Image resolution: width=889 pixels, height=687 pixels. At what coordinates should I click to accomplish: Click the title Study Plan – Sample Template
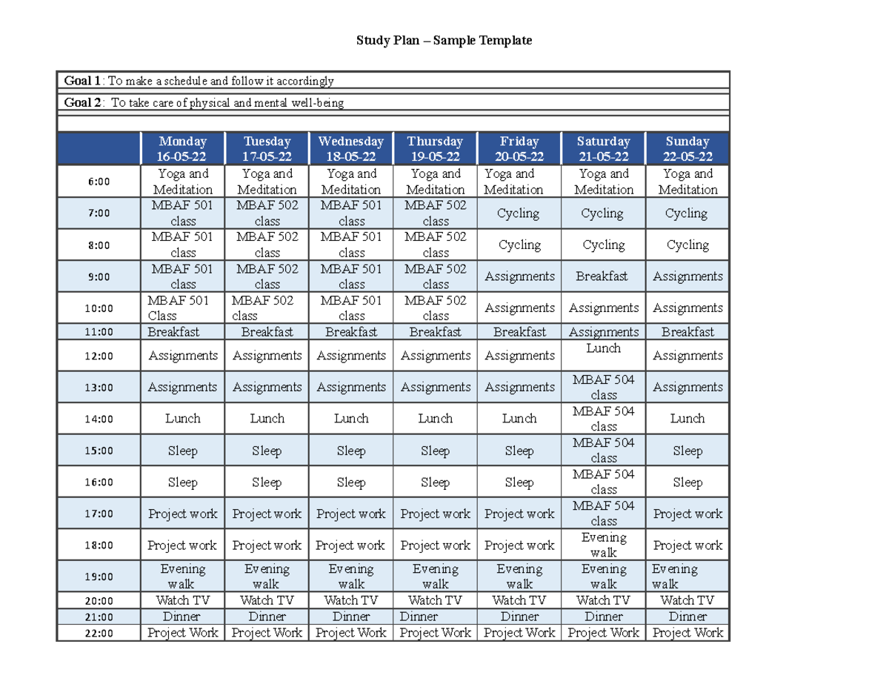pyautogui.click(x=444, y=41)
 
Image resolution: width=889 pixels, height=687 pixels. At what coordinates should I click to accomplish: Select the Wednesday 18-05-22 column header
pyautogui.click(x=350, y=148)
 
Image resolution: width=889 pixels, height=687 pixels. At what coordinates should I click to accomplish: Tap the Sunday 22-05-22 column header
pyautogui.click(x=687, y=148)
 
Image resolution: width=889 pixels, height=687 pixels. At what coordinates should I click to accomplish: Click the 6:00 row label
pyautogui.click(x=99, y=182)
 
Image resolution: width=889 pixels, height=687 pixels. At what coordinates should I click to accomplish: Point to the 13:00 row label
pyautogui.click(x=99, y=387)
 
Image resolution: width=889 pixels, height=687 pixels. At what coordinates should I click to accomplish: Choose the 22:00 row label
pyautogui.click(x=99, y=633)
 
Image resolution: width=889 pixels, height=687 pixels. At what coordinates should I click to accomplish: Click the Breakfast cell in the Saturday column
pyautogui.click(x=603, y=276)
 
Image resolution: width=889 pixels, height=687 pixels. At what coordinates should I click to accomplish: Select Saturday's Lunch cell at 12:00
pyautogui.click(x=603, y=348)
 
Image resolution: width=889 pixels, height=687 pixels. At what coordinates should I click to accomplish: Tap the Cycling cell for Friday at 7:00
pyautogui.click(x=519, y=213)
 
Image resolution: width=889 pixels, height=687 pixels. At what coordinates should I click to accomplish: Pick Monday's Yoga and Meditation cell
pyautogui.click(x=182, y=182)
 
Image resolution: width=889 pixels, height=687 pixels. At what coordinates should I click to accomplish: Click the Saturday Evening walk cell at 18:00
pyautogui.click(x=603, y=545)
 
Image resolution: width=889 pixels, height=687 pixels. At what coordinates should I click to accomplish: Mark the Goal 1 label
pyautogui.click(x=82, y=81)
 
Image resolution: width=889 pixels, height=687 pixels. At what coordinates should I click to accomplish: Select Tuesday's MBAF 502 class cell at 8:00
pyautogui.click(x=267, y=245)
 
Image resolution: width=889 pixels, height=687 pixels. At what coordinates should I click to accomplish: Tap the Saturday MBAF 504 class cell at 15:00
pyautogui.click(x=603, y=450)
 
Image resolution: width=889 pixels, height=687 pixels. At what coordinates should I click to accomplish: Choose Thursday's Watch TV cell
pyautogui.click(x=435, y=600)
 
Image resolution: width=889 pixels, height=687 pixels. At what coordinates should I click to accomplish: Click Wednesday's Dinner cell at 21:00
pyautogui.click(x=350, y=617)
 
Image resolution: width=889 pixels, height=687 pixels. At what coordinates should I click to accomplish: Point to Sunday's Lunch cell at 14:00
pyautogui.click(x=687, y=419)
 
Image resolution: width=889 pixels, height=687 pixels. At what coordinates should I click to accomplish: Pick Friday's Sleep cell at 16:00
pyautogui.click(x=519, y=482)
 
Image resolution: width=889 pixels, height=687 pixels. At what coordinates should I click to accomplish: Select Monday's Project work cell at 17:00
pyautogui.click(x=182, y=514)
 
